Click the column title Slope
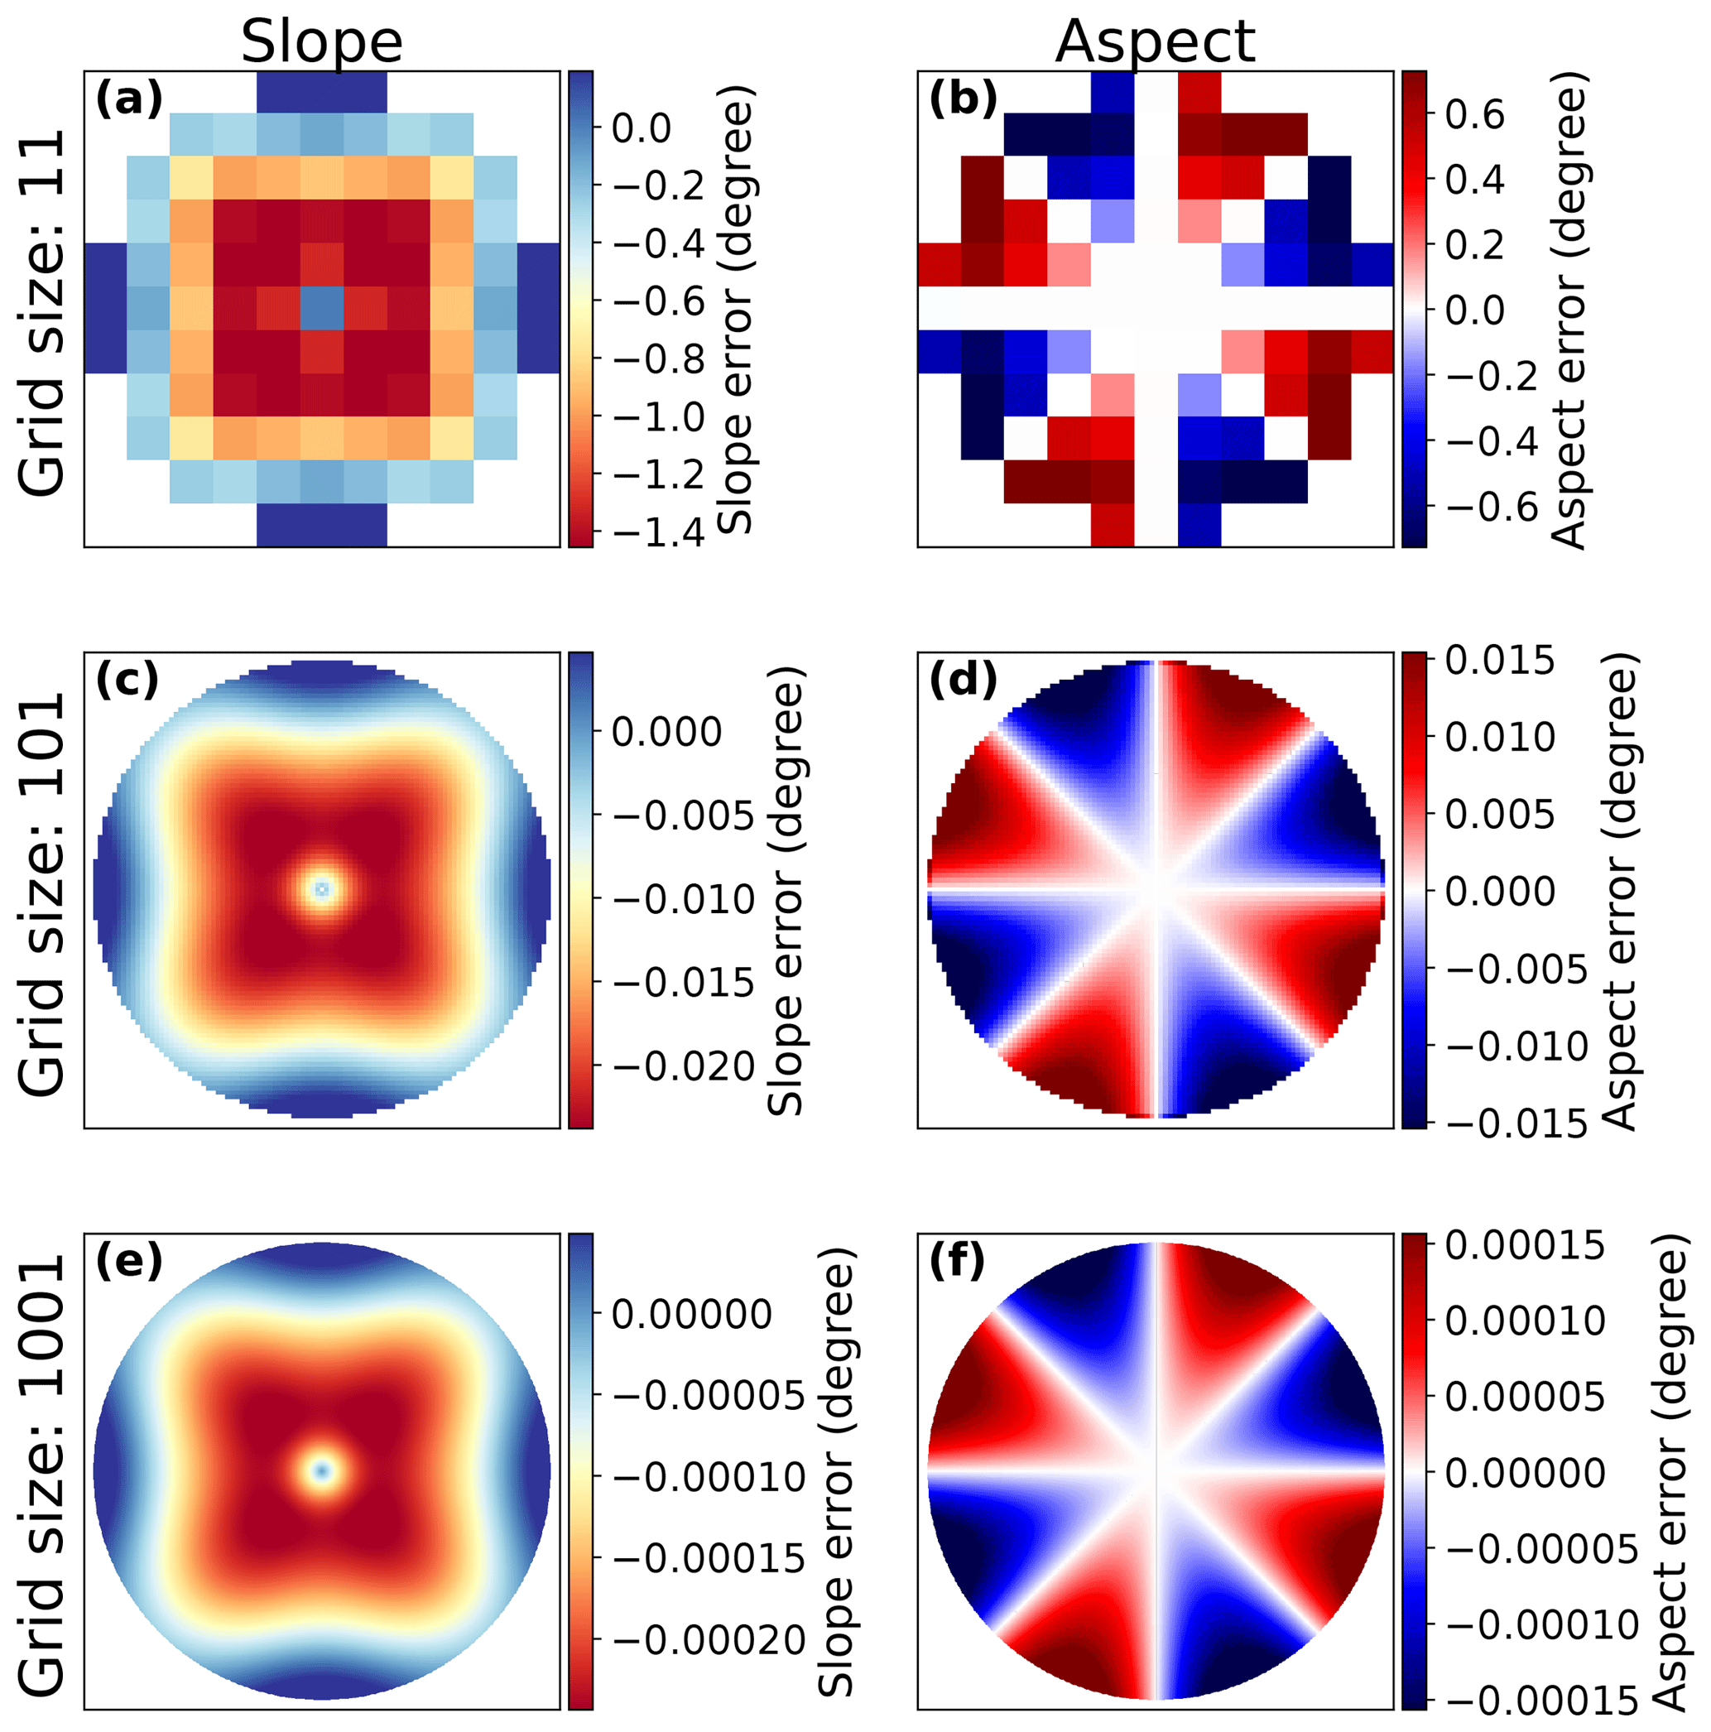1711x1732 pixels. [x=321, y=41]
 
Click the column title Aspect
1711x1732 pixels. [x=1155, y=41]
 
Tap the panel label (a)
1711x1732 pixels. [x=129, y=98]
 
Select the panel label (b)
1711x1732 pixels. [x=963, y=98]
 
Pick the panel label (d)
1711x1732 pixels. [x=963, y=681]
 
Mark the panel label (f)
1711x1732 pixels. [x=956, y=1262]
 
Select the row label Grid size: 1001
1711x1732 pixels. [x=42, y=1474]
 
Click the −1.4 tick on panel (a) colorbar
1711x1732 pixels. [x=658, y=532]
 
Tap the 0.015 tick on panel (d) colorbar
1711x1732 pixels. [x=1499, y=661]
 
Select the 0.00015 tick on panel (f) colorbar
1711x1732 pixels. [x=1525, y=1245]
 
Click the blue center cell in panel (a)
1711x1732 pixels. [x=322, y=308]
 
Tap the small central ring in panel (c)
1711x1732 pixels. [x=322, y=889]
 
